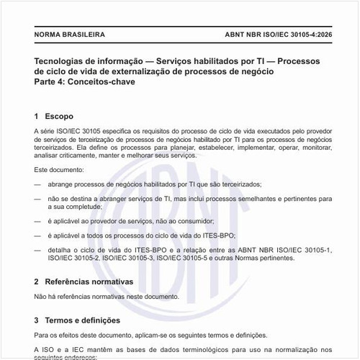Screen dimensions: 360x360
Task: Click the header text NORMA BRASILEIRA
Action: point(69,34)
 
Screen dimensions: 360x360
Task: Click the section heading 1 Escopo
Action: point(53,115)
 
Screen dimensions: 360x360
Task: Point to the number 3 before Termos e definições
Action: point(37,320)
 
